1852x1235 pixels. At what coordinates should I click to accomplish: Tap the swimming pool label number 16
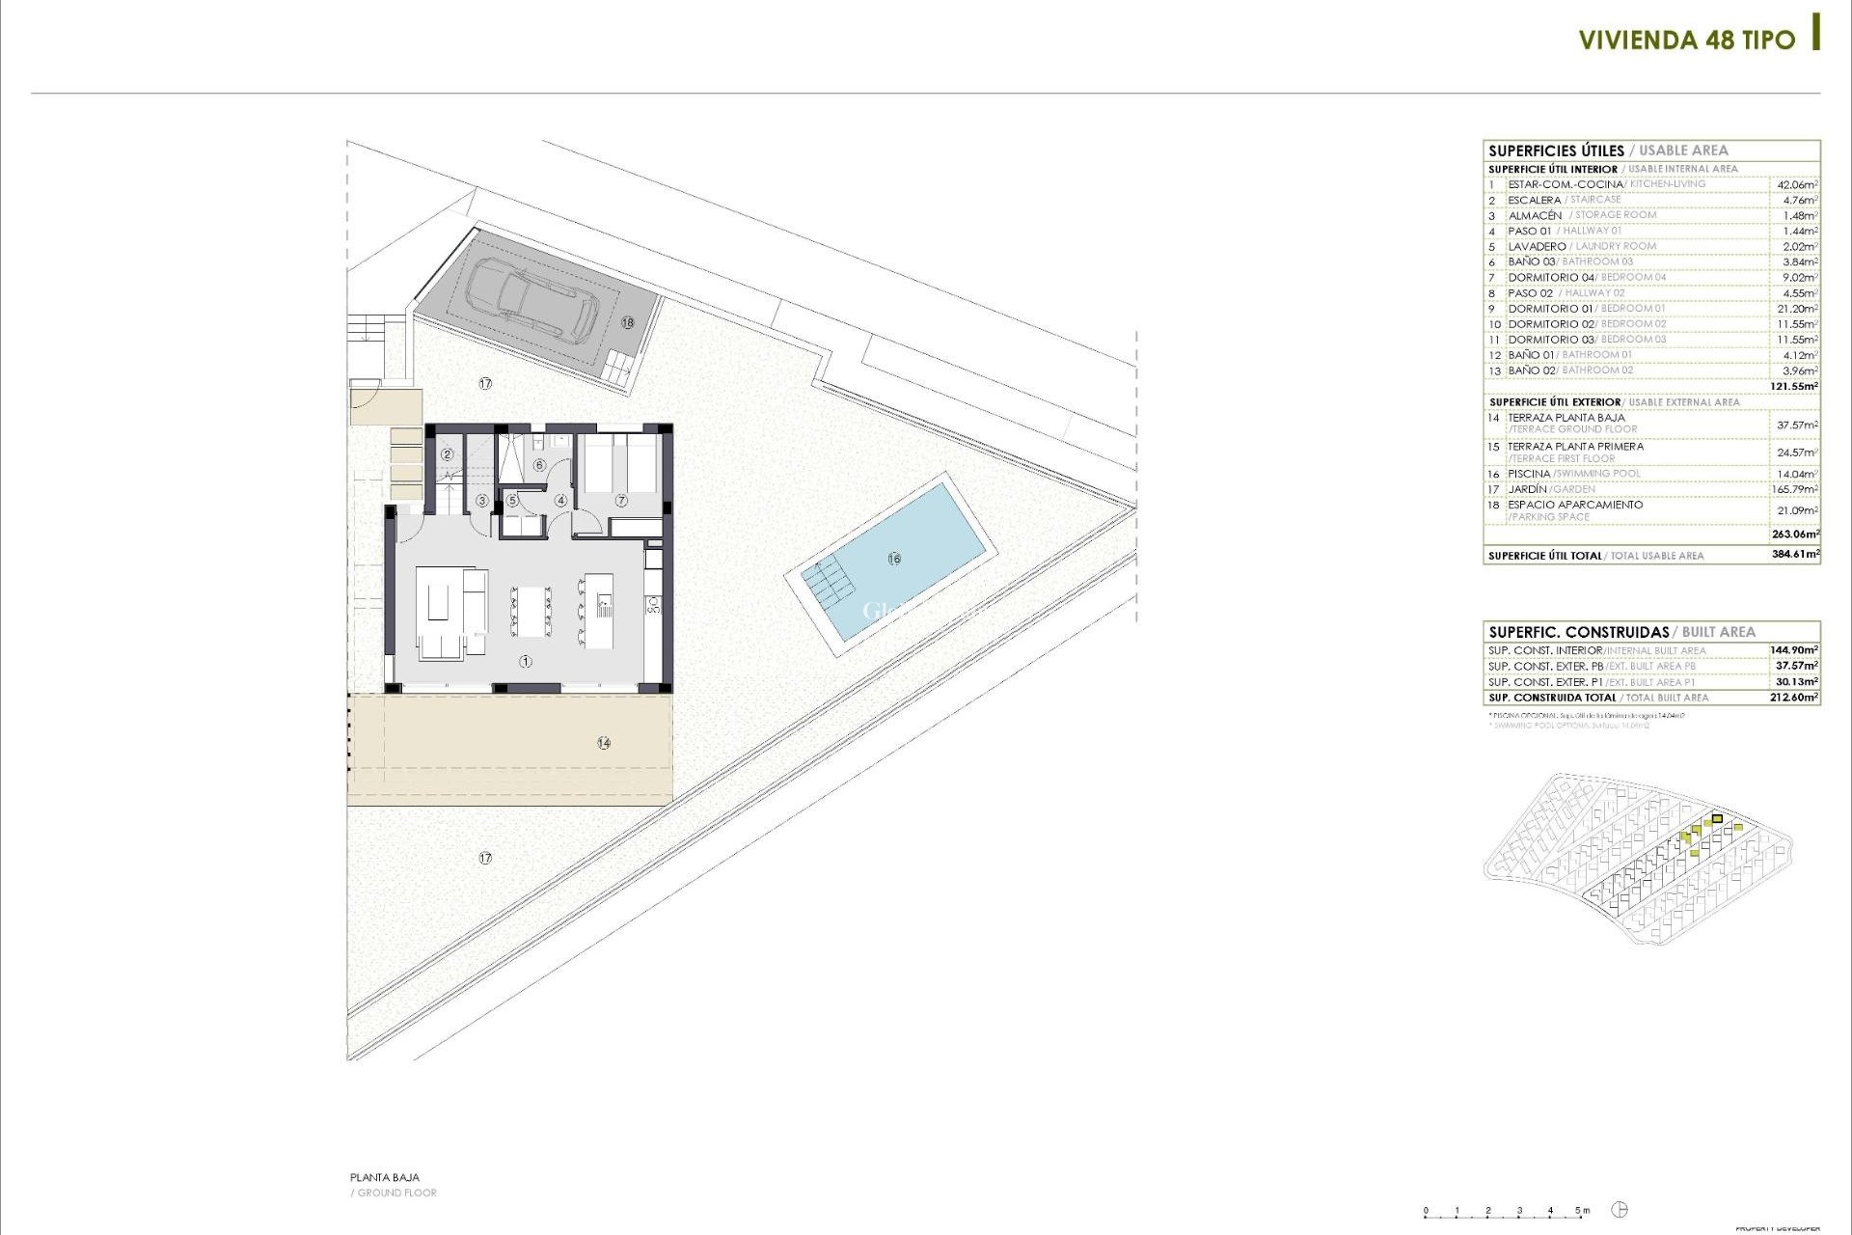click(x=894, y=559)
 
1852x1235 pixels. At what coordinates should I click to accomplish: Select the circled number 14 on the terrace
click(x=604, y=743)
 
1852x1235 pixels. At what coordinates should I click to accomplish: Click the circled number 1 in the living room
click(x=526, y=662)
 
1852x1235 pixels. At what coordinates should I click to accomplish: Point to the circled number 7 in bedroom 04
click(x=621, y=501)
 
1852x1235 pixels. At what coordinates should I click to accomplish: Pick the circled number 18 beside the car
click(x=628, y=322)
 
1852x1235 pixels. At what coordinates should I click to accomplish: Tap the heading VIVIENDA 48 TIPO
click(x=1686, y=41)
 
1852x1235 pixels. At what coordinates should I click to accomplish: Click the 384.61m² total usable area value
click(x=1795, y=555)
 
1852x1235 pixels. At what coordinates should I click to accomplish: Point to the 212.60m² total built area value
click(x=1795, y=697)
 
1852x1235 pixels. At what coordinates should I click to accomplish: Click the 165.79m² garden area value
click(x=1795, y=489)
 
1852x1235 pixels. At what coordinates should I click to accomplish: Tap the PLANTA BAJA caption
click(x=385, y=1178)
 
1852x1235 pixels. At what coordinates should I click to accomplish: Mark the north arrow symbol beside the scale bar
click(x=1620, y=1210)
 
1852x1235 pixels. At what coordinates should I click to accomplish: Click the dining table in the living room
click(x=531, y=611)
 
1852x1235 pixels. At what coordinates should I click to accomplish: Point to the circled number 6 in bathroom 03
click(x=539, y=465)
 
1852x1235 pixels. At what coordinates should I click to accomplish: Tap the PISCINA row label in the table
click(x=1529, y=474)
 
